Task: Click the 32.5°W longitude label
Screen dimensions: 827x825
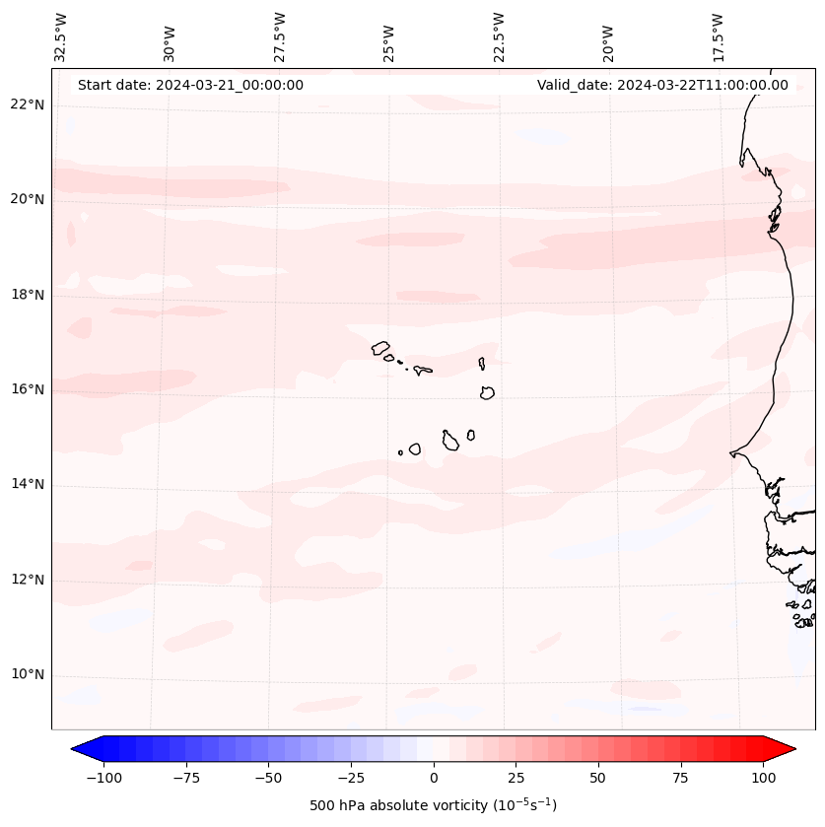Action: pos(61,36)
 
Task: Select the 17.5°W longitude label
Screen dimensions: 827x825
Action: pos(718,36)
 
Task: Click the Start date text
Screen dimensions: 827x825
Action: pos(190,85)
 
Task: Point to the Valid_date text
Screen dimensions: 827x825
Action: pos(662,85)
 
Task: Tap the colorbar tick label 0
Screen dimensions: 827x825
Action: pos(434,778)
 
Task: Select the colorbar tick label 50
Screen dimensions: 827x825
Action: pos(598,778)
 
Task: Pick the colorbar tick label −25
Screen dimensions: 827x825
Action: pos(351,778)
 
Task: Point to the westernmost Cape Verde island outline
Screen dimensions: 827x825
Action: pos(380,347)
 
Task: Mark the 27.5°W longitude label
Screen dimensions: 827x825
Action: pos(280,36)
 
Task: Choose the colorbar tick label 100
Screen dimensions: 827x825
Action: pos(763,778)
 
